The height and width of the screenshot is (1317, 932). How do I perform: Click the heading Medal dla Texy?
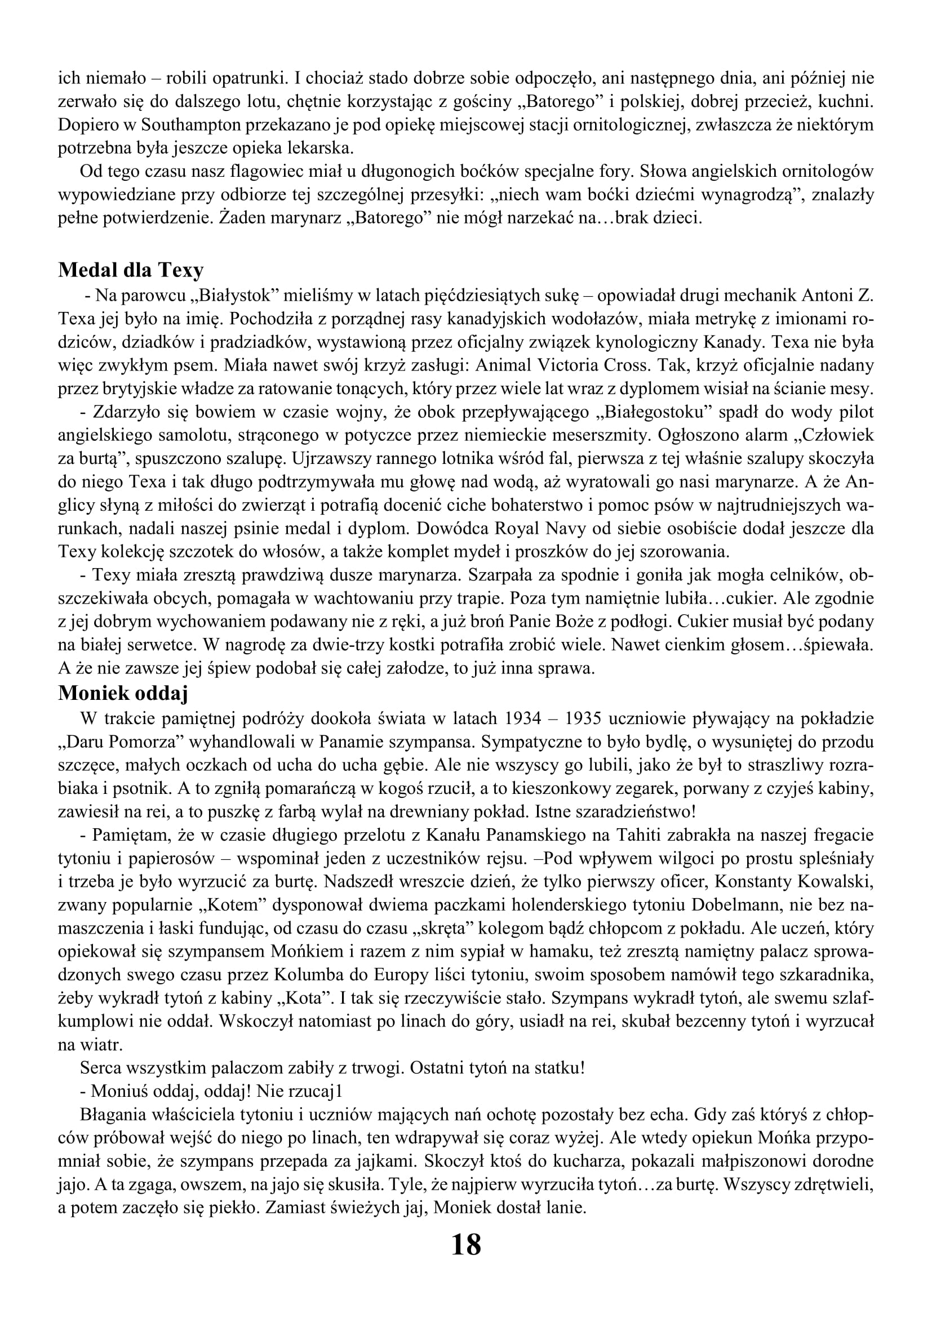130,270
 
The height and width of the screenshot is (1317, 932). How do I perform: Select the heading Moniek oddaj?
123,693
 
